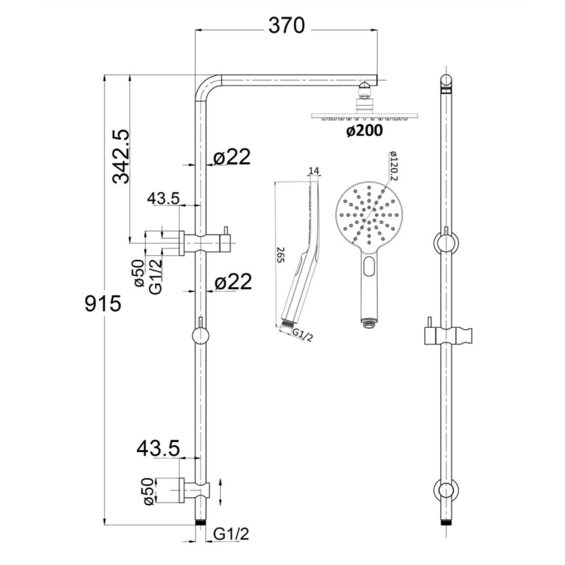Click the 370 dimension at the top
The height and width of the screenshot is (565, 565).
pos(286,27)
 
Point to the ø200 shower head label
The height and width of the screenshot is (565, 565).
pos(364,131)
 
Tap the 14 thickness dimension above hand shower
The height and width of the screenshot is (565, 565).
pos(314,171)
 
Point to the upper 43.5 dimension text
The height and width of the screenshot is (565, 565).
pos(164,199)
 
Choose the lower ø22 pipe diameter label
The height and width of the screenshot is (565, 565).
pos(233,282)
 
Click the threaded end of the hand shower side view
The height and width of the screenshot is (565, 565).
pos(287,324)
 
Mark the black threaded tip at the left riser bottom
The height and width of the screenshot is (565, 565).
pos(199,522)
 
